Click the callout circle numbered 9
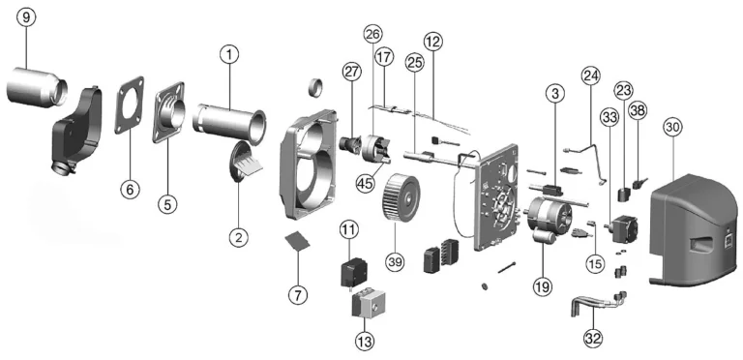(x=25, y=17)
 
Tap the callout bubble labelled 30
(x=672, y=127)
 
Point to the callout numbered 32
(x=593, y=338)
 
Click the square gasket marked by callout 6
(x=130, y=105)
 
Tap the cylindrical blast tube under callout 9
(x=37, y=87)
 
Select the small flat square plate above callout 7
(x=297, y=240)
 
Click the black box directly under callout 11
(x=354, y=272)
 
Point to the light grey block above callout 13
(x=369, y=305)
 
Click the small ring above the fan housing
(x=317, y=87)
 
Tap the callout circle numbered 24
(x=591, y=75)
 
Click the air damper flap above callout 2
(x=245, y=160)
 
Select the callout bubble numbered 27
(x=352, y=72)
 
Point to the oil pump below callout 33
(x=621, y=228)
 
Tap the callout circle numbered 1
(x=229, y=55)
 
